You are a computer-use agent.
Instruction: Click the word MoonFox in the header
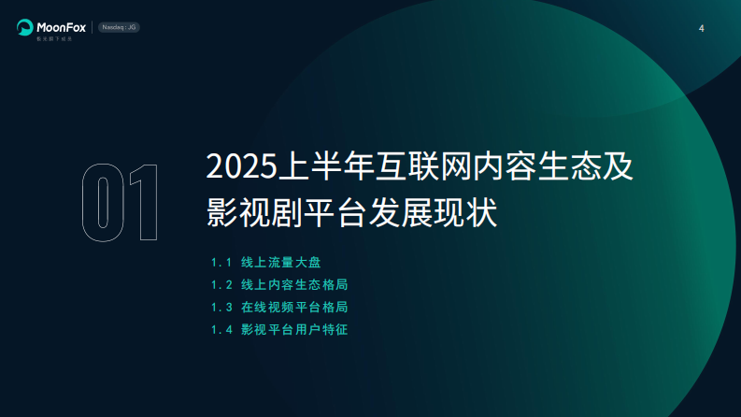click(x=62, y=26)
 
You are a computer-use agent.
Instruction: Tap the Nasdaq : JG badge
click(x=120, y=27)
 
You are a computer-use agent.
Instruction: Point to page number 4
click(x=701, y=28)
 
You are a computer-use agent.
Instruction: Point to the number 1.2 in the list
click(x=221, y=284)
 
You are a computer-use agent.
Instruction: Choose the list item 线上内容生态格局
click(x=301, y=284)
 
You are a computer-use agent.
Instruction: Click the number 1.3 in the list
click(x=221, y=307)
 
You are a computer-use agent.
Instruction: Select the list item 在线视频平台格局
click(x=301, y=307)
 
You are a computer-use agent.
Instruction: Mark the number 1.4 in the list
click(x=221, y=329)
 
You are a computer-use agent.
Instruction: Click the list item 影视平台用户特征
click(x=301, y=329)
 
